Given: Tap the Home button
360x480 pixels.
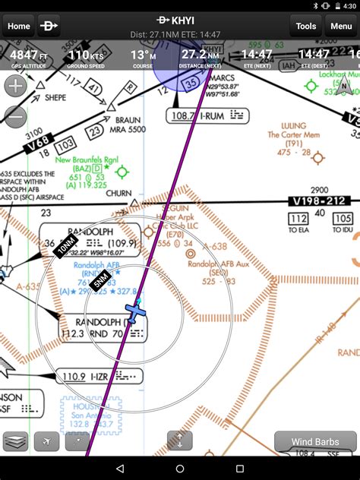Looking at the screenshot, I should (18, 26).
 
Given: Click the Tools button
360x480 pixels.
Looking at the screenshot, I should (305, 26).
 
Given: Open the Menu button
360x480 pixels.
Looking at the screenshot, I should (340, 26).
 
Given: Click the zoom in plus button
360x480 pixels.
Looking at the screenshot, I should (15, 86).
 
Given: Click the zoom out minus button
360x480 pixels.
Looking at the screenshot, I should (15, 117).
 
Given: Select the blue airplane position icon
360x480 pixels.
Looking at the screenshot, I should (135, 312).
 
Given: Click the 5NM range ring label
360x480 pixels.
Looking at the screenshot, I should (99, 281).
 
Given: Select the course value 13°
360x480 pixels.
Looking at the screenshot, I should (139, 55).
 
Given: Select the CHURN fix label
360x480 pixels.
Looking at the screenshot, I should (119, 193).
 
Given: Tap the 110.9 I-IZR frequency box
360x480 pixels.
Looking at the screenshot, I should (102, 376).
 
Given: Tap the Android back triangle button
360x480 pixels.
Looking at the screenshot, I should (120, 469).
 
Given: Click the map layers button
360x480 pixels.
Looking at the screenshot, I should (15, 441).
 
